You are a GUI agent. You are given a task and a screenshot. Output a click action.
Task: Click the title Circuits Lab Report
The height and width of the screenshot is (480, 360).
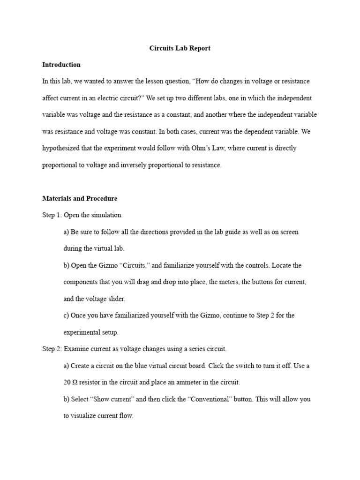[x=180, y=48]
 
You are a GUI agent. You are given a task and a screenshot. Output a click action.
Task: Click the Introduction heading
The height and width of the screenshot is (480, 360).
[x=61, y=65]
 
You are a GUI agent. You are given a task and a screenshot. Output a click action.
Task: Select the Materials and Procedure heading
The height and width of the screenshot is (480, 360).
[x=80, y=198]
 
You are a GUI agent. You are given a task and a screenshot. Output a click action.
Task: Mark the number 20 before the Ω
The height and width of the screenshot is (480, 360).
[x=67, y=382]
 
